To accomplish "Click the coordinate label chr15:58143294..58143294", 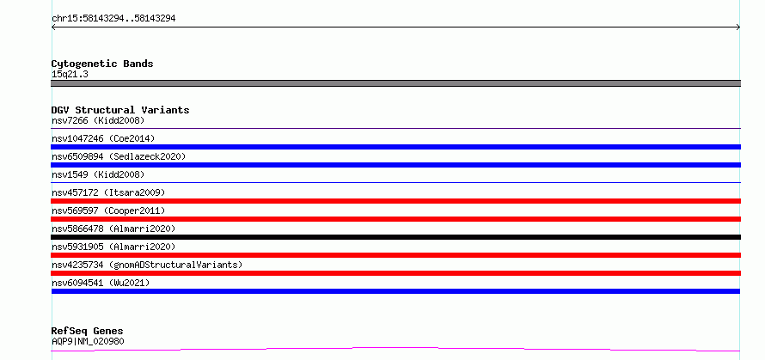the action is [x=113, y=19].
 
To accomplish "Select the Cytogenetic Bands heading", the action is [x=102, y=64].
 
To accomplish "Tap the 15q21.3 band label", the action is [x=70, y=75].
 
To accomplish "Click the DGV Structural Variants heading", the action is [x=120, y=110].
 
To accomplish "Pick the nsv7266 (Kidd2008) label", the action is [x=98, y=120].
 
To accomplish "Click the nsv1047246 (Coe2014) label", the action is [x=103, y=138].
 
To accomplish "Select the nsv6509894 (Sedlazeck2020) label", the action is [x=119, y=156].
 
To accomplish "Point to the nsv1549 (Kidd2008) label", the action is [x=98, y=174].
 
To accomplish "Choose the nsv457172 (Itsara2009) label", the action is [x=108, y=192].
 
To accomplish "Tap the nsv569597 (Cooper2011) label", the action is [x=108, y=211].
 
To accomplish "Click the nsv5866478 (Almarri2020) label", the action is [x=113, y=229].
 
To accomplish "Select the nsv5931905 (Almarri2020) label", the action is [x=113, y=247].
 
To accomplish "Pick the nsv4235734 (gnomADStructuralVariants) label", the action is [x=147, y=265].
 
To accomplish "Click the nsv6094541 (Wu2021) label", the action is [x=101, y=283].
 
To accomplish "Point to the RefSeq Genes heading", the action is [x=87, y=332].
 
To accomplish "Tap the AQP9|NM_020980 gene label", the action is [x=88, y=341].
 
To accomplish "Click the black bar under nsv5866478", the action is [x=395, y=237].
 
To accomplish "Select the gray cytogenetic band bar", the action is [x=395, y=83].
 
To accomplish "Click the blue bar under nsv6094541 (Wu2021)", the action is [x=395, y=291].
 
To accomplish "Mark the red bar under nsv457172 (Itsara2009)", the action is [x=395, y=201].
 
